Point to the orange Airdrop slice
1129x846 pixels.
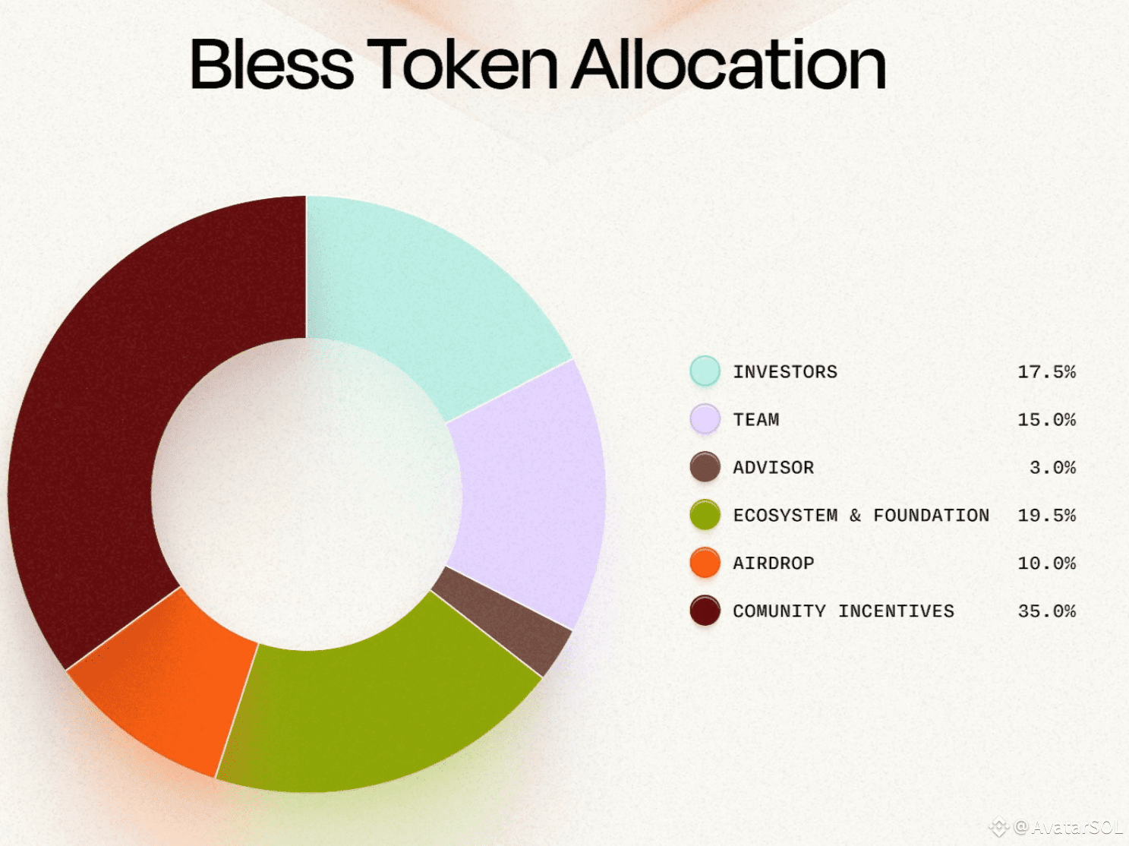[165, 684]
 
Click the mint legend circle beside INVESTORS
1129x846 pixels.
[705, 371]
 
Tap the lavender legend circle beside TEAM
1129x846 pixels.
[705, 418]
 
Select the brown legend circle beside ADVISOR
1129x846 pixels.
[705, 466]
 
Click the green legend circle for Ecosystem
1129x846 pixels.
[705, 514]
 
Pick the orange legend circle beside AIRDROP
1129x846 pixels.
[705, 562]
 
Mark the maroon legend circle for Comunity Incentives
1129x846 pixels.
[705, 610]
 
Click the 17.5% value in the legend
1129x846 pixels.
[1047, 372]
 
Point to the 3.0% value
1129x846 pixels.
[1052, 468]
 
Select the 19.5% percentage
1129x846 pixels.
[1047, 516]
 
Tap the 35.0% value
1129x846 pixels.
[1047, 611]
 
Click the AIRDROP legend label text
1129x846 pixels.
[774, 563]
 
